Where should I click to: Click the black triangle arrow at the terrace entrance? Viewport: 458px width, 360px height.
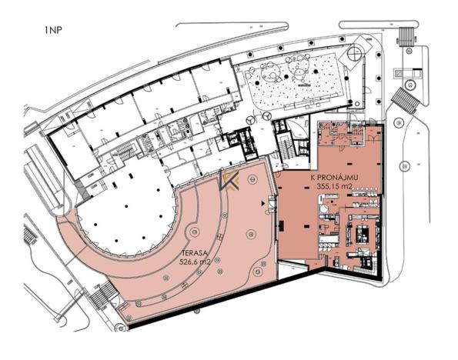click(265, 204)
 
